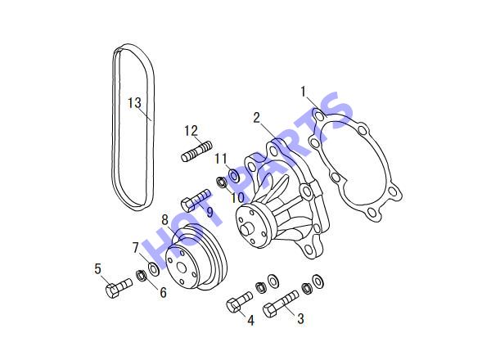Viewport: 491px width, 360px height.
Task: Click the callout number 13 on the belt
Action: click(135, 103)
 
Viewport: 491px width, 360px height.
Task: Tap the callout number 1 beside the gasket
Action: click(303, 92)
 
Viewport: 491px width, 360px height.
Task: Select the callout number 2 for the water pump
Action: click(257, 118)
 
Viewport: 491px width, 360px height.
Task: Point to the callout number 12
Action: click(191, 131)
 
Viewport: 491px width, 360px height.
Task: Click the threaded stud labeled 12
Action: click(196, 151)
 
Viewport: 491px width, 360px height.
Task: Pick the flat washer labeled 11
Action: click(234, 175)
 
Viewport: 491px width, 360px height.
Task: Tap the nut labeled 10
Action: click(222, 182)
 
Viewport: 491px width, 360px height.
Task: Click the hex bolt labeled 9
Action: click(196, 200)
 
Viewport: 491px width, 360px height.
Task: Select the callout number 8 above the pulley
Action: click(165, 220)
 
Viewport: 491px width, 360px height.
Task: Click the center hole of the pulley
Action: click(182, 268)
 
